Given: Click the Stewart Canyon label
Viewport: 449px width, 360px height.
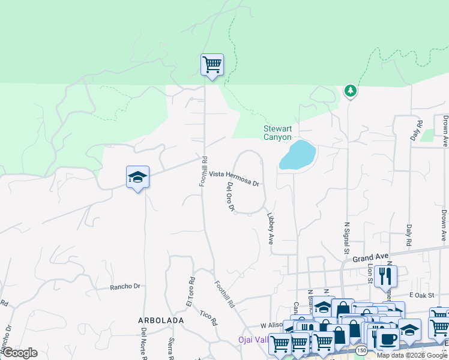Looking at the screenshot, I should [277, 133].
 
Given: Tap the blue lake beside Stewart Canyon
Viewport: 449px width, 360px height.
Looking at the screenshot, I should [297, 155].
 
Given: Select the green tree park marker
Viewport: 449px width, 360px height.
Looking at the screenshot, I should [350, 91].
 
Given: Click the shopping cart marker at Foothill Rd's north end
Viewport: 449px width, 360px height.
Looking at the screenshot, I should [211, 64].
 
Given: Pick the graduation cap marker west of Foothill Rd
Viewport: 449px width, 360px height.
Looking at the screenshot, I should [137, 176].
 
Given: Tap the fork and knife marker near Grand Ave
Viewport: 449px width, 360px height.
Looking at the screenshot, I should [385, 275].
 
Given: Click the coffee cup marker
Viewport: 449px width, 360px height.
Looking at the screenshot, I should [388, 340].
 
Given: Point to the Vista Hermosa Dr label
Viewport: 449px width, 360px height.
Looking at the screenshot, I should [235, 178].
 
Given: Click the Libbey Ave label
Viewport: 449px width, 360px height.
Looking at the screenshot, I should [271, 227].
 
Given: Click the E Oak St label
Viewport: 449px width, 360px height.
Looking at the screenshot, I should [421, 295].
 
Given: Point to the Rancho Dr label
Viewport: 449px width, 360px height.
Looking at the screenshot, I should [124, 287].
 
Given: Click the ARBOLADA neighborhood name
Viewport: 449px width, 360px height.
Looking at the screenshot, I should [161, 321].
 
